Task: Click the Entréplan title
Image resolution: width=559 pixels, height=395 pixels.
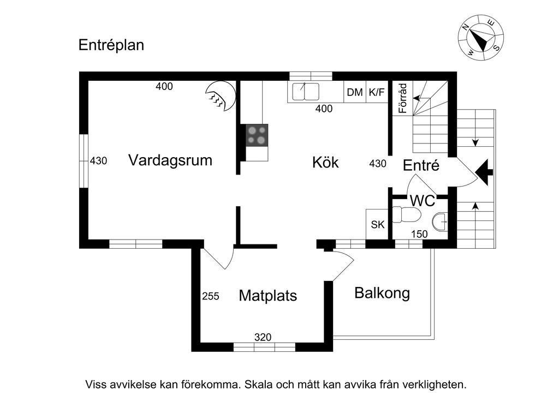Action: point(111,45)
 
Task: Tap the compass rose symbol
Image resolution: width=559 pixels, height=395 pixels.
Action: point(480,38)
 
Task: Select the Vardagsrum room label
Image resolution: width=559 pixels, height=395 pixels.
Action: point(170,160)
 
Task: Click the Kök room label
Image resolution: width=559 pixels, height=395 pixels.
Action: point(325,162)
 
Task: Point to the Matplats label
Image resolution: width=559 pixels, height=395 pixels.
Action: point(268,296)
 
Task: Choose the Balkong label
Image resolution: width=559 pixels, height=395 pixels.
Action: point(382,293)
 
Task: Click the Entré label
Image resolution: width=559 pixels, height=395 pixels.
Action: point(421,165)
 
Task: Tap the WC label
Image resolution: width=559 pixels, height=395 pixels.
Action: point(423,201)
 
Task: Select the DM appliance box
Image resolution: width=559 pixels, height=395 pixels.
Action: point(355,93)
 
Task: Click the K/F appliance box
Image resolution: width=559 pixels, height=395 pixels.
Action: point(376,93)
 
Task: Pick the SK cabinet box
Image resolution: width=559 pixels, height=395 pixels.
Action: point(377,224)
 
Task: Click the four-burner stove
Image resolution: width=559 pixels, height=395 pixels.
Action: point(257,134)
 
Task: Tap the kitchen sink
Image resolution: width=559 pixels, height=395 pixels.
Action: point(305,91)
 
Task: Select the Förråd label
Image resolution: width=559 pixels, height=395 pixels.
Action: point(403,98)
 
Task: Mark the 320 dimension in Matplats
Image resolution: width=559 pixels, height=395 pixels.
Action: point(263,338)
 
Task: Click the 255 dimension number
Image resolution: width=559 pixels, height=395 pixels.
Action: point(211,296)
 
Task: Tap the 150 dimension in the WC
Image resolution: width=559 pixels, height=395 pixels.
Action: point(419,234)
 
